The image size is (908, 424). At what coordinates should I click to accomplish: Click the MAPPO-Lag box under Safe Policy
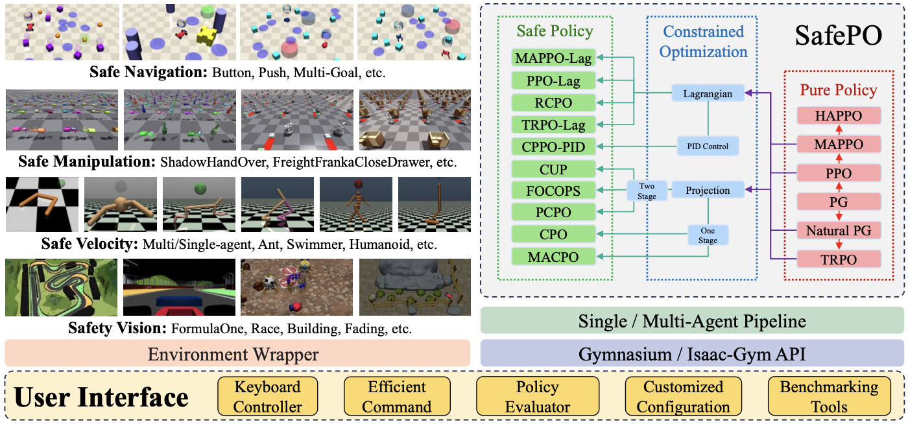tap(553, 58)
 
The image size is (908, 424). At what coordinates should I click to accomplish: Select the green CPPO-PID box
tap(553, 147)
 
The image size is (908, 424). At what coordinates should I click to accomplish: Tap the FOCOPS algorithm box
tap(553, 191)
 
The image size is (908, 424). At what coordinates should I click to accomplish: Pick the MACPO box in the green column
tap(553, 257)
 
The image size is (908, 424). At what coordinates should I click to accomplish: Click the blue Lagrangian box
tap(708, 94)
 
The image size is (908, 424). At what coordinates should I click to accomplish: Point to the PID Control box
tap(708, 147)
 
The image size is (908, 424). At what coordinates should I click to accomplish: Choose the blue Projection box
tap(708, 191)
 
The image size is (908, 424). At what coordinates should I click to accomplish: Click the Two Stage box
tap(646, 191)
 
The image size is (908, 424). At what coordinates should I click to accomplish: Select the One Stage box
tap(708, 235)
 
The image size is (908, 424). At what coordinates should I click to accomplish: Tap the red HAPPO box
tap(839, 116)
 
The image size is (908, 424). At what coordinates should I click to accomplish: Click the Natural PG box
tap(839, 230)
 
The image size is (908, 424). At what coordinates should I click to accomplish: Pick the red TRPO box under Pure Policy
tap(839, 259)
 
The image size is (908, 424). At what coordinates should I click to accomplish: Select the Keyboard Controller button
tap(268, 397)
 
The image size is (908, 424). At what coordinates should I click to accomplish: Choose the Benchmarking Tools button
tap(829, 397)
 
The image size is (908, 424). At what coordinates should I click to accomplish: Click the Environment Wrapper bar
tap(237, 354)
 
